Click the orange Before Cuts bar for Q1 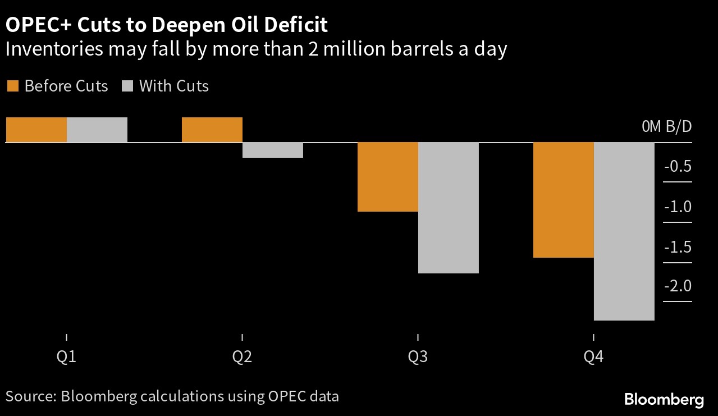(x=36, y=130)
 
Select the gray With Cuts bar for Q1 (x=97, y=130)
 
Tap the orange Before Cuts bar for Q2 (x=212, y=130)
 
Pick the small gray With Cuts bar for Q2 (x=273, y=150)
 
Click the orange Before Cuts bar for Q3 (x=388, y=177)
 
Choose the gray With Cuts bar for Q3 (x=449, y=208)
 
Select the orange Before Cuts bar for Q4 (x=563, y=200)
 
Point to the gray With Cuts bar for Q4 (x=624, y=231)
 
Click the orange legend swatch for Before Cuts (x=12, y=86)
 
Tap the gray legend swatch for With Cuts (x=127, y=86)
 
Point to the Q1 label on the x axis (x=67, y=357)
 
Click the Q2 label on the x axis (x=242, y=357)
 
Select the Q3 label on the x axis (x=418, y=357)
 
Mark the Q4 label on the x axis (x=593, y=357)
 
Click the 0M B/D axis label (x=667, y=126)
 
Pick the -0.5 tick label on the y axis (x=678, y=167)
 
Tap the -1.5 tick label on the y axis (x=678, y=247)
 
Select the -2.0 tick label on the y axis (x=678, y=287)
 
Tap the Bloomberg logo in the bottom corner (x=664, y=400)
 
